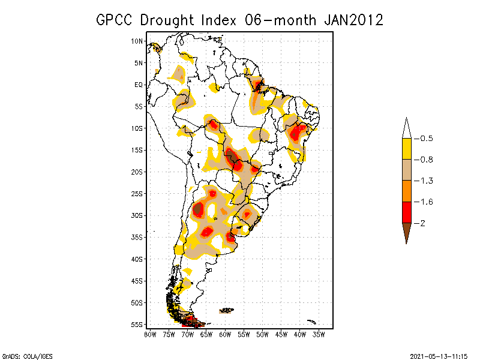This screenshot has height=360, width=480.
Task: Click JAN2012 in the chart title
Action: (x=353, y=20)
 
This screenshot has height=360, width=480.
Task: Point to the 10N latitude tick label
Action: (x=137, y=41)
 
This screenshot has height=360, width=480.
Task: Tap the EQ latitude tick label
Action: (x=139, y=85)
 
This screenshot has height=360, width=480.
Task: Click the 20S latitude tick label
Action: (x=137, y=172)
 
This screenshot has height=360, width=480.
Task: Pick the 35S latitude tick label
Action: (x=137, y=237)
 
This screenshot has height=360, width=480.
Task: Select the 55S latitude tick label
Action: (x=137, y=324)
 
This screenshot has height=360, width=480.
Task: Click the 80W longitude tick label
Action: (x=150, y=334)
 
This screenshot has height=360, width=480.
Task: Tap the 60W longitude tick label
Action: (x=225, y=334)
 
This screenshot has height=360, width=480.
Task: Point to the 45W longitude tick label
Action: (x=281, y=334)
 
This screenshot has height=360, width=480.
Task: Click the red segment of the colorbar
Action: (x=406, y=212)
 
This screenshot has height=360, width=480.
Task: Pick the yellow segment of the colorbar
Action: (x=406, y=149)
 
